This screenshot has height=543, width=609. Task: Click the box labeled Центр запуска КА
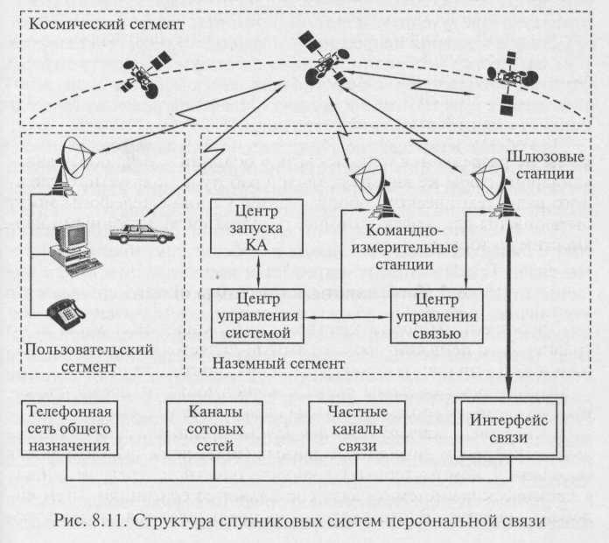tap(256, 227)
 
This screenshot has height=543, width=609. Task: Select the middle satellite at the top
tap(321, 59)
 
